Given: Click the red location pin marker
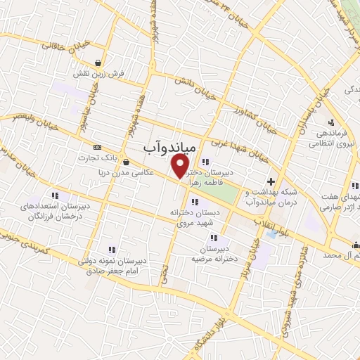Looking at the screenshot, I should coord(180,164).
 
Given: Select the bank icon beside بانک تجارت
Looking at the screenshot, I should coord(97,147).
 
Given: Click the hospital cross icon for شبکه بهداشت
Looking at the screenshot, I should coord(270,181).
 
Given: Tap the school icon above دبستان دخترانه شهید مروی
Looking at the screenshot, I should coord(195,202).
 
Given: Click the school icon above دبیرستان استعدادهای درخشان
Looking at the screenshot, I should coord(54,196).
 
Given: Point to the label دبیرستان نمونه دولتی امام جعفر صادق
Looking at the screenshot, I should coord(112,265).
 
